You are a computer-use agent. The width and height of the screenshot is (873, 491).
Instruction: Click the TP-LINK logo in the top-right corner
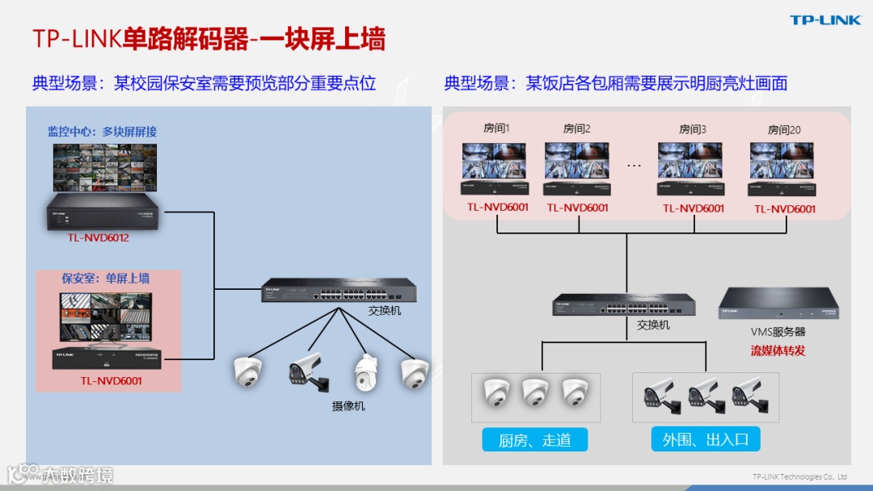click(825, 20)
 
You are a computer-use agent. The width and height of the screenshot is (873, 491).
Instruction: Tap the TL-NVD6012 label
click(99, 238)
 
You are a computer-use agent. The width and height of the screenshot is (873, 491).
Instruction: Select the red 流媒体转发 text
click(778, 350)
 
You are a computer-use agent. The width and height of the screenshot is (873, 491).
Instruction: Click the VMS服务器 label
click(778, 332)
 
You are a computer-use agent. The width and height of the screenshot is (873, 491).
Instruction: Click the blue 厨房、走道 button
click(535, 440)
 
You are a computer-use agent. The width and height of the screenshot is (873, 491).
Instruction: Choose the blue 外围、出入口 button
click(706, 440)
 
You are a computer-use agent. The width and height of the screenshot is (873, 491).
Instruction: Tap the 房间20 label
click(784, 129)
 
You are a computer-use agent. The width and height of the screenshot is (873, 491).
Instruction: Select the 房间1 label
click(496, 128)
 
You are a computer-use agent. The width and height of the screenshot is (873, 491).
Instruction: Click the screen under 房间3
click(690, 161)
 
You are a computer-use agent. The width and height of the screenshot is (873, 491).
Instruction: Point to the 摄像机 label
click(348, 406)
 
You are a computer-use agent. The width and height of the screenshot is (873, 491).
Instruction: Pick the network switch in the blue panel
click(339, 290)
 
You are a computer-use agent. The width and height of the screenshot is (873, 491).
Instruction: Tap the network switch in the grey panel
click(626, 304)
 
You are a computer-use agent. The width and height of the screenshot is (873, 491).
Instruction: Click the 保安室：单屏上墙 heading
click(106, 279)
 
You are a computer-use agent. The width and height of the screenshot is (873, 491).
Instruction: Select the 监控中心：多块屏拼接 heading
click(102, 132)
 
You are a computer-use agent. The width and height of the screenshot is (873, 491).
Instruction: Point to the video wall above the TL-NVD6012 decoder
click(105, 168)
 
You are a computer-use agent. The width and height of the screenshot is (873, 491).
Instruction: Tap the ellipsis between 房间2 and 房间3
click(634, 165)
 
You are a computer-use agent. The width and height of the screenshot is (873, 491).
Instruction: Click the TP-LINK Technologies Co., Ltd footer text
click(799, 476)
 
